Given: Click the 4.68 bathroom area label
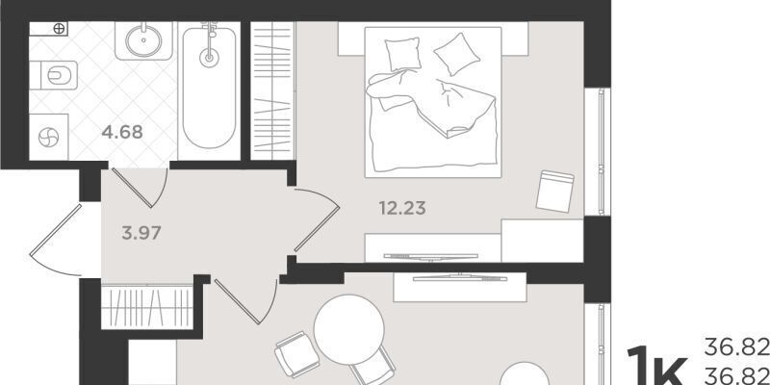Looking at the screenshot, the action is (x=122, y=132).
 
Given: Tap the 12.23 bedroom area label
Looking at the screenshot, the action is (x=402, y=208).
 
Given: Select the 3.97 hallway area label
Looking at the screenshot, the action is (x=141, y=233).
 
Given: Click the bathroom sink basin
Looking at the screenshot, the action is (x=143, y=40).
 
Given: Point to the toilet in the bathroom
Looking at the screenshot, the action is (x=54, y=75).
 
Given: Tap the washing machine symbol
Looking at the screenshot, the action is (x=49, y=137).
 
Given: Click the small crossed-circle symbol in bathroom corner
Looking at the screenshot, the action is (x=59, y=29).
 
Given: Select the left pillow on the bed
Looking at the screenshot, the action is (x=402, y=54).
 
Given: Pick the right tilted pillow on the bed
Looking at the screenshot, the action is (x=456, y=54).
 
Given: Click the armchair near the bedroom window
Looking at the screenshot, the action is (x=555, y=191).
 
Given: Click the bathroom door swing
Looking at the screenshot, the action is (x=141, y=188).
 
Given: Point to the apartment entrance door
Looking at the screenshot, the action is (x=56, y=241).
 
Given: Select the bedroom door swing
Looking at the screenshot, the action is (x=317, y=219).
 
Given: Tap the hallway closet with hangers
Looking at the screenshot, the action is (x=147, y=307).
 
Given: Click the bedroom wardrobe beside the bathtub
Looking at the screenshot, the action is (x=272, y=90).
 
